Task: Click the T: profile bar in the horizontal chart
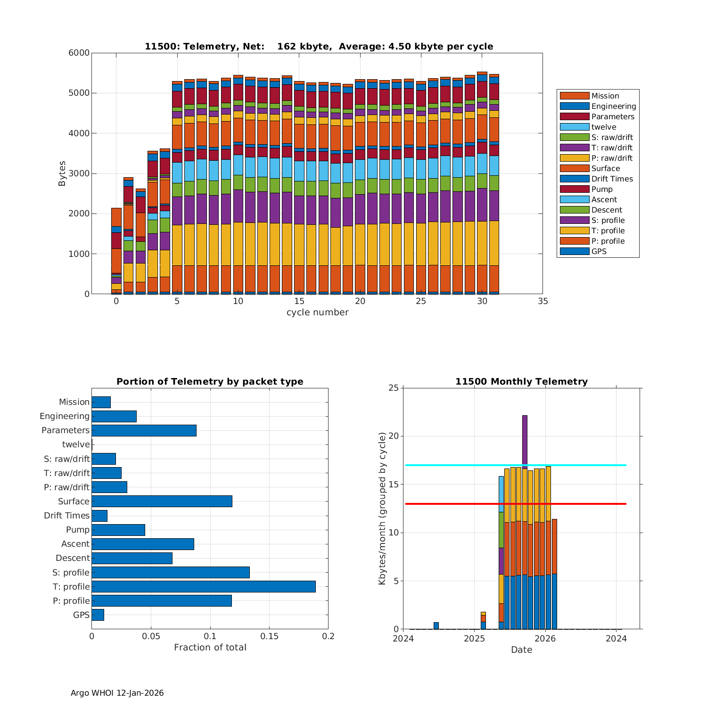point(203,586)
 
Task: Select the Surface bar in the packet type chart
point(162,501)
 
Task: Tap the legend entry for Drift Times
point(612,179)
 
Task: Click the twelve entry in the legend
point(603,127)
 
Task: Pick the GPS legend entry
point(599,251)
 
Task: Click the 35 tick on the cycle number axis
point(543,301)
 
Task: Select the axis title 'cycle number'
point(317,312)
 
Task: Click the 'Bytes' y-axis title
point(62,173)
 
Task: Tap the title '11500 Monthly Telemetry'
point(521,381)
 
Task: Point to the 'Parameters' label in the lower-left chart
point(65,430)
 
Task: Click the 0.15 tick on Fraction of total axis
point(269,636)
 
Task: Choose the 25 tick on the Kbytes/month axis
point(394,388)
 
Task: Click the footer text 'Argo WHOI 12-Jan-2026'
point(117,693)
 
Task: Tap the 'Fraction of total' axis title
point(210,647)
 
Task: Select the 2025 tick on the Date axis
point(474,639)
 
